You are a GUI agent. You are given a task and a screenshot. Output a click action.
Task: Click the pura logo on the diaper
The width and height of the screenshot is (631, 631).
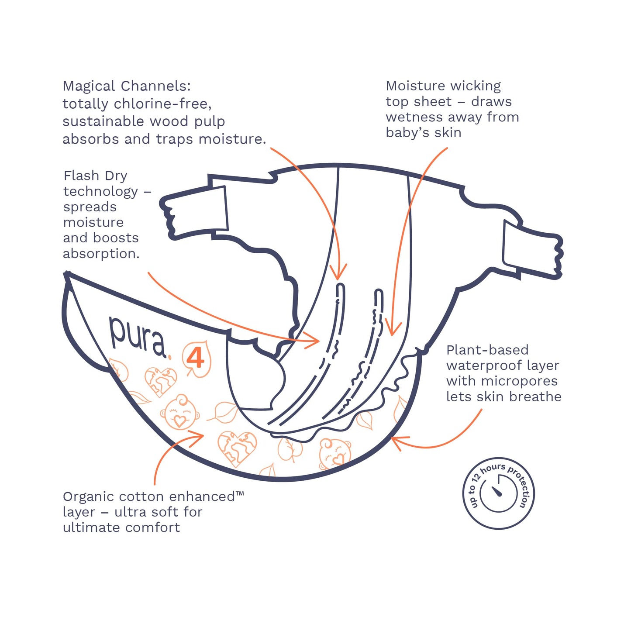(x=137, y=336)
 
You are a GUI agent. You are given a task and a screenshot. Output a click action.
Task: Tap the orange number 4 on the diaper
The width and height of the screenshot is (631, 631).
(x=196, y=358)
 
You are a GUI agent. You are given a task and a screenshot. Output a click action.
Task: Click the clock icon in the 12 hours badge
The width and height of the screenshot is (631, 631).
(x=498, y=493)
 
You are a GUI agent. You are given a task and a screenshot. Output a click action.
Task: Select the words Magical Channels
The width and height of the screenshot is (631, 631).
(x=127, y=86)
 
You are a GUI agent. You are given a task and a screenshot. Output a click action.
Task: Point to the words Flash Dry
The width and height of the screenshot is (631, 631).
(x=95, y=176)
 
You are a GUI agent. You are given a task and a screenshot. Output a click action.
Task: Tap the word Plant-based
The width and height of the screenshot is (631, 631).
(x=487, y=350)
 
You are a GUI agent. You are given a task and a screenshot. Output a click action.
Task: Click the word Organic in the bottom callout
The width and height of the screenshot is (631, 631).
(x=89, y=497)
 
